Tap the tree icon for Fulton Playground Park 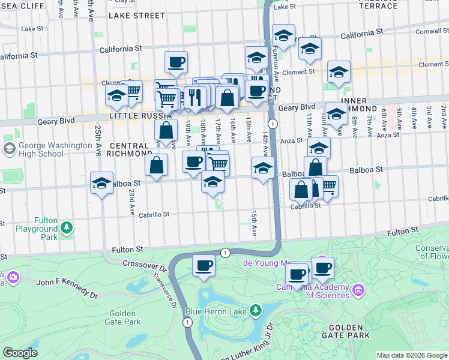67,227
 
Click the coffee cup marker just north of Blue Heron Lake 203,265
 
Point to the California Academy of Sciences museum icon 359,290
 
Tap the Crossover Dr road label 143,264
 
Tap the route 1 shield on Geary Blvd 273,124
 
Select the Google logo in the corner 20,353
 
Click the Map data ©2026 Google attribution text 411,355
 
